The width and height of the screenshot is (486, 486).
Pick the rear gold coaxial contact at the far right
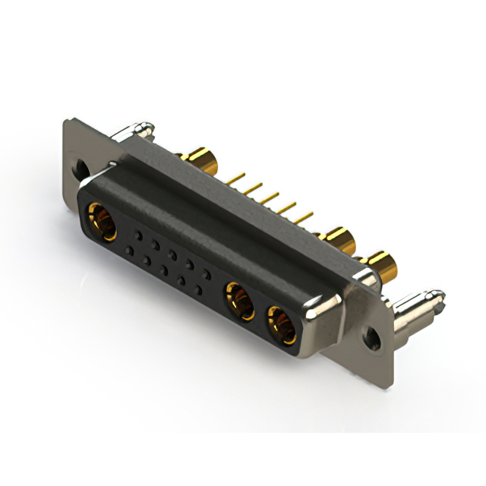click(x=386, y=267)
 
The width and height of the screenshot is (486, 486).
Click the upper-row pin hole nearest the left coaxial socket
click(x=138, y=235)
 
